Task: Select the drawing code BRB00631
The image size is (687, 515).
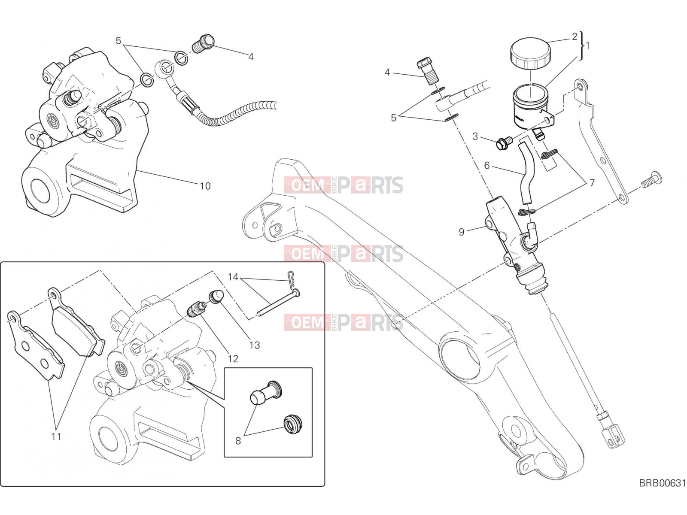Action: coord(663,492)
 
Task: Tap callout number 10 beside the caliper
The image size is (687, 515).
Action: coord(205,186)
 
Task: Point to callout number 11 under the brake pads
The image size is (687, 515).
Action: coord(56,436)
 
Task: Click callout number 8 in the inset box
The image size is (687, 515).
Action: coord(238,441)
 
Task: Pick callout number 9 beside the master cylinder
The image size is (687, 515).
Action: coord(461,232)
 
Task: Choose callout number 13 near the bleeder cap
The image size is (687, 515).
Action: coord(255,345)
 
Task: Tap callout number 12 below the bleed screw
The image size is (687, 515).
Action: coord(233,359)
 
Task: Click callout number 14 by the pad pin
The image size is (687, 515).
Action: coord(233,277)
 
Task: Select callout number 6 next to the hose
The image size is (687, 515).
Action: coord(486,165)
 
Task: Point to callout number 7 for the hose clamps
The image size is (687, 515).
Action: coord(592,183)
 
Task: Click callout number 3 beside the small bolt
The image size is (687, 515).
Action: coord(475,136)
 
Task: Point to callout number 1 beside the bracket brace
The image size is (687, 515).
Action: coord(587,45)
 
